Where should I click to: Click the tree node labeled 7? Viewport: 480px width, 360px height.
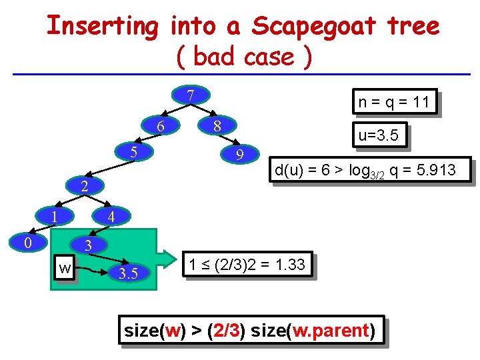(x=190, y=96)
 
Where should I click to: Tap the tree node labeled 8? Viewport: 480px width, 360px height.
(x=217, y=126)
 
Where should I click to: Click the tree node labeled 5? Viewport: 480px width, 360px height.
(x=133, y=151)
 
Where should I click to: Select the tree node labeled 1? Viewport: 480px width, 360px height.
(x=55, y=216)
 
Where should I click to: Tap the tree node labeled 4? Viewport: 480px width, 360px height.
(x=111, y=217)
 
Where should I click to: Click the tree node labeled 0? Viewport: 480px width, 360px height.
(x=27, y=242)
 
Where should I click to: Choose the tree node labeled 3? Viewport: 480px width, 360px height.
(x=87, y=246)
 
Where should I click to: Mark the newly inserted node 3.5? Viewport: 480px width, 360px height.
(x=128, y=273)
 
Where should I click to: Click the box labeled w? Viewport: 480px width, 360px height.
(x=65, y=269)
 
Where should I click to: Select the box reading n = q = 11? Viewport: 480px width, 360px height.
(x=393, y=103)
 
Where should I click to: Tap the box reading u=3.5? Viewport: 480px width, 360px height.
(x=378, y=136)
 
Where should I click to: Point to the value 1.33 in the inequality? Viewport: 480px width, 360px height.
(x=290, y=265)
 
